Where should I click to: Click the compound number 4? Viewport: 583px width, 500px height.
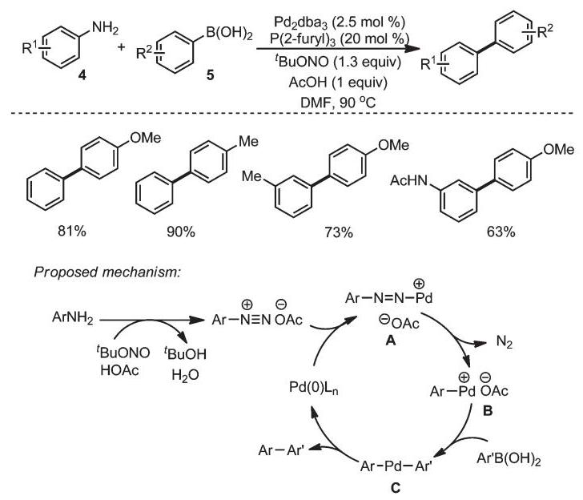[82, 75]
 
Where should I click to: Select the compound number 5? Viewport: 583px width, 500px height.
[211, 75]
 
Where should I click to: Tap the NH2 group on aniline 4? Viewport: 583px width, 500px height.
[105, 28]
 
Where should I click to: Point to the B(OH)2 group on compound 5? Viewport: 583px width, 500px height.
[229, 34]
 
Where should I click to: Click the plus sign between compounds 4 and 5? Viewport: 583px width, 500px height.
[121, 47]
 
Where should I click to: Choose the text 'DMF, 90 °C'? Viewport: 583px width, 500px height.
[338, 102]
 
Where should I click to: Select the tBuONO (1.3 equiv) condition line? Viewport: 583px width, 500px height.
[338, 62]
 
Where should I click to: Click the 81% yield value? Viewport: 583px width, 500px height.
[72, 231]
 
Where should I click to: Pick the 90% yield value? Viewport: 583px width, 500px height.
[181, 232]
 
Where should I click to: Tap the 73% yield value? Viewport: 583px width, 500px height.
[339, 232]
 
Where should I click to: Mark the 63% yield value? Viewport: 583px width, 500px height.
[501, 232]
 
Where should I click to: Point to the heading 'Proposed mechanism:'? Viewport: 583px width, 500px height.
[107, 272]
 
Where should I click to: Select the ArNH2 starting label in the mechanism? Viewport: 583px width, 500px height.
[73, 318]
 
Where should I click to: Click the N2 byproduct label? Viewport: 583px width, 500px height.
[505, 341]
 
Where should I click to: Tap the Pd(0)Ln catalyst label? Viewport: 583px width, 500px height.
[314, 388]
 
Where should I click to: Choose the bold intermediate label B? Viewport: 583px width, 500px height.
[487, 411]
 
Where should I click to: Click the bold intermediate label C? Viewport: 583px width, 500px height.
[396, 487]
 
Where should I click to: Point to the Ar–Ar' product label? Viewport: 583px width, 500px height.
[281, 450]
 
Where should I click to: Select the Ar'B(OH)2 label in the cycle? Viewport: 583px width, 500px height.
[509, 459]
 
